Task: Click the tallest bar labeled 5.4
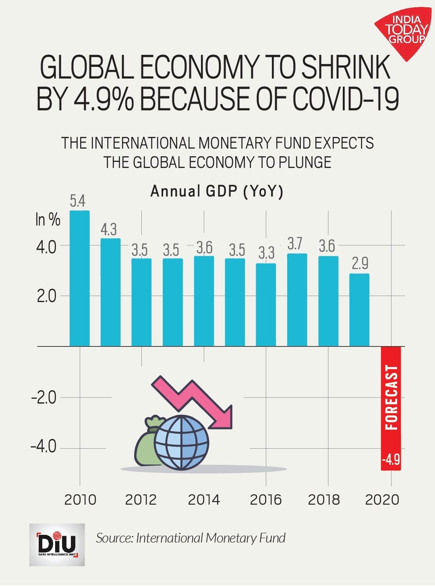pos(80,278)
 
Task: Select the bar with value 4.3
pos(110,292)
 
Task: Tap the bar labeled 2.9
pos(359,310)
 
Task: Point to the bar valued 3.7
pos(297,300)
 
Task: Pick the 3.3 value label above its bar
pos(266,253)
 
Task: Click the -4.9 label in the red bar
pos(391,459)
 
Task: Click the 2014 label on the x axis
pos(204,500)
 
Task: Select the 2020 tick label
pos(382,500)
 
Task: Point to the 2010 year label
pos(80,500)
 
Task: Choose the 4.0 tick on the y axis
pos(46,246)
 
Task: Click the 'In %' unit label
pos(48,219)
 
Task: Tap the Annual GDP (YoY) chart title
pos(217,191)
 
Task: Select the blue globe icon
pos(182,442)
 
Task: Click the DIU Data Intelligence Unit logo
pos(57,545)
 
